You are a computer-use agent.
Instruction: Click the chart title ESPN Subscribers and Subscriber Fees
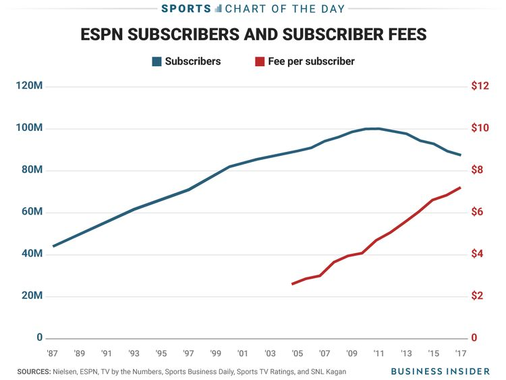pos(253,34)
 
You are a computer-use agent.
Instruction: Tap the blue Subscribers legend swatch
pos(157,61)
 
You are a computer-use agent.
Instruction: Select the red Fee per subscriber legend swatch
pos(260,61)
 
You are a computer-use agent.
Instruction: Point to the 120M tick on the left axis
pos(28,86)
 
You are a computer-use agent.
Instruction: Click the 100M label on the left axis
pos(28,128)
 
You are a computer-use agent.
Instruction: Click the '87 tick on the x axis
pos(52,353)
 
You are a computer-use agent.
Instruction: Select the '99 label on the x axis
pos(215,353)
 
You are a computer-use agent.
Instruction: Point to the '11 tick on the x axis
pos(378,353)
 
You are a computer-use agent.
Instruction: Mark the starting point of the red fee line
pos(292,284)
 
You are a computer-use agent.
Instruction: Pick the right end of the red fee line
pos(460,188)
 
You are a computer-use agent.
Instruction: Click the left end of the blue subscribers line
pos(53,246)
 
